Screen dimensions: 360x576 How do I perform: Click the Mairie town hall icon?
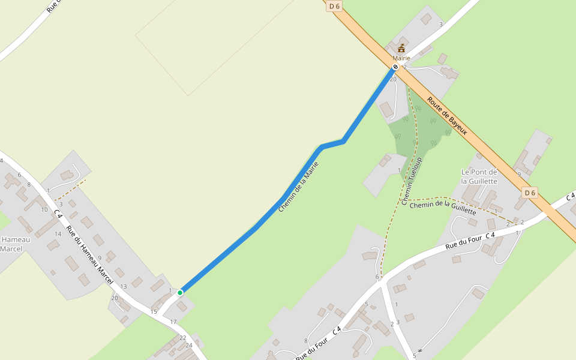point(401,48)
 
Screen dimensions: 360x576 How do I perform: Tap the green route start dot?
point(179,293)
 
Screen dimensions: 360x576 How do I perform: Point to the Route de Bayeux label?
point(447,116)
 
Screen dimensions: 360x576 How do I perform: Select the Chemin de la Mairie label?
point(298,187)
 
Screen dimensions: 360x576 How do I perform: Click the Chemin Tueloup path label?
point(412,181)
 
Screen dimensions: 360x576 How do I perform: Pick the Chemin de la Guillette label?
point(443,208)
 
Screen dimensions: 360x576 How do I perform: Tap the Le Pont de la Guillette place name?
point(479,176)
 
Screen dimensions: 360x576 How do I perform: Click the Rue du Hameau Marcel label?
point(89,254)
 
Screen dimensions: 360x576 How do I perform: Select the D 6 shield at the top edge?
point(334,6)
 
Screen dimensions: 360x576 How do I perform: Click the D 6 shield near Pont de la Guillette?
point(529,193)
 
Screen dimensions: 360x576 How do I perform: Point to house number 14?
point(58,234)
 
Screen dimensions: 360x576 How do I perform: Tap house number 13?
point(124,287)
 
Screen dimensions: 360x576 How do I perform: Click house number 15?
point(154,311)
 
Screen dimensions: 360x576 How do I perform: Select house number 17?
point(173,322)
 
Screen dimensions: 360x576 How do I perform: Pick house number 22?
point(182,338)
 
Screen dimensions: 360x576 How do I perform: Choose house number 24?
point(188,345)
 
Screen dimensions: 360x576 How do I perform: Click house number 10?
point(44,209)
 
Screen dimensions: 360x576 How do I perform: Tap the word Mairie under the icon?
point(401,58)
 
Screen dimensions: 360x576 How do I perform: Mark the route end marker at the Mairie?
point(395,67)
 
